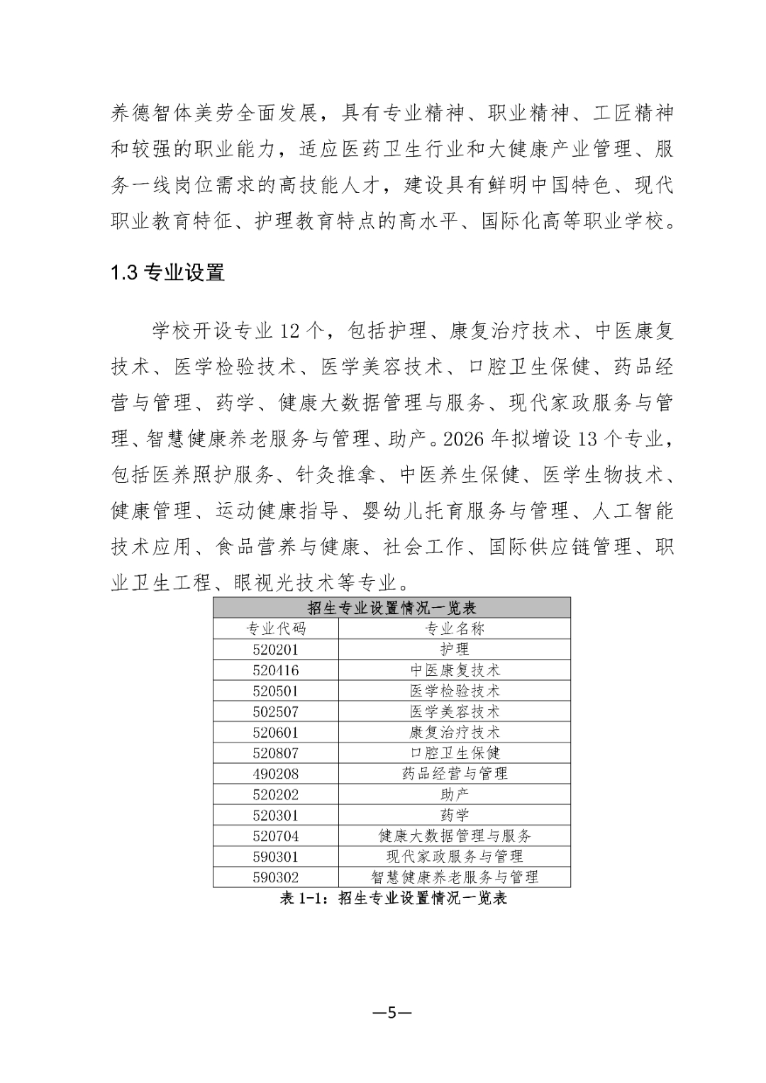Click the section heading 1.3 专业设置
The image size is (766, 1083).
[x=167, y=272]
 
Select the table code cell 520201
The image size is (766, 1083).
[x=275, y=649]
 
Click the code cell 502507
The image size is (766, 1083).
[x=275, y=711]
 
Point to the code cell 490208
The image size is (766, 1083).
[x=275, y=774]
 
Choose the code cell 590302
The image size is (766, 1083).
[x=275, y=877]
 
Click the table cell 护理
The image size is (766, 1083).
[x=455, y=649]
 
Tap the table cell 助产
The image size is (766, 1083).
[x=455, y=794]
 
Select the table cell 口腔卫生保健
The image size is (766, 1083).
[x=455, y=752]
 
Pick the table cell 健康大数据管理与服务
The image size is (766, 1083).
[x=455, y=836]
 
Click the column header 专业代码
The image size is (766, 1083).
[x=275, y=628]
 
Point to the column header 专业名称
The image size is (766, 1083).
[x=455, y=628]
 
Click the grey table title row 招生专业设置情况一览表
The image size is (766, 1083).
[x=392, y=608]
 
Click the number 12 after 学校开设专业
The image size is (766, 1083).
[x=292, y=331]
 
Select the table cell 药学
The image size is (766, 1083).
[x=455, y=815]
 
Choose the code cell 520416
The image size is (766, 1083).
[x=275, y=670]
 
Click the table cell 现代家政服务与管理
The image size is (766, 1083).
[x=455, y=857]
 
